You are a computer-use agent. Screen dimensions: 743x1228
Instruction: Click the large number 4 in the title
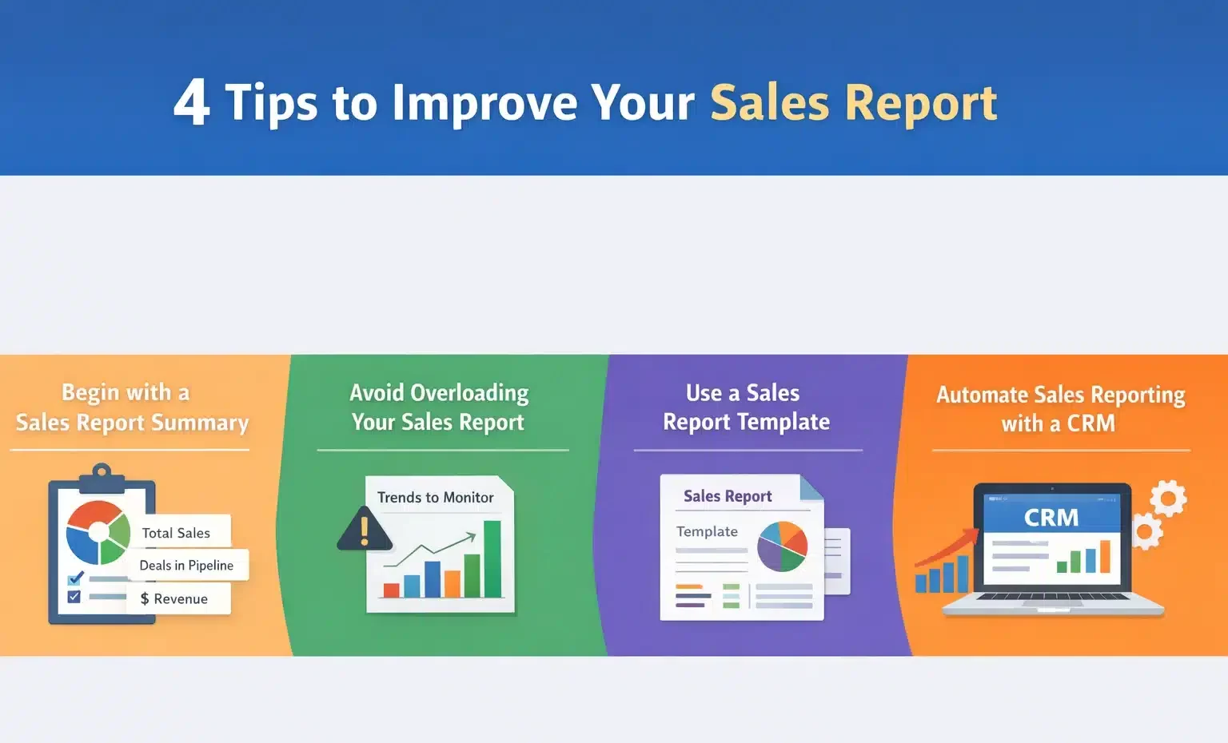pyautogui.click(x=192, y=102)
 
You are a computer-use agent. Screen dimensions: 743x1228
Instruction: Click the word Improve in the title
pyautogui.click(x=484, y=102)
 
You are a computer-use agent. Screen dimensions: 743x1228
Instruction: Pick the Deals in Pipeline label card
pyautogui.click(x=187, y=566)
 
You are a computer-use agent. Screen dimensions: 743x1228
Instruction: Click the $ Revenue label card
pyautogui.click(x=177, y=598)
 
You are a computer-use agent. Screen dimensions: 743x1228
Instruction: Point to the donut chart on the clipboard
pyautogui.click(x=98, y=532)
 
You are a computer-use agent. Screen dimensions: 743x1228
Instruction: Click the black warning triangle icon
pyautogui.click(x=364, y=530)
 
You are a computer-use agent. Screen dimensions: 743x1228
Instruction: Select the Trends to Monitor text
pyautogui.click(x=435, y=497)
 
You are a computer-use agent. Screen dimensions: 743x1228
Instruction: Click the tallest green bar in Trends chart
pyautogui.click(x=492, y=558)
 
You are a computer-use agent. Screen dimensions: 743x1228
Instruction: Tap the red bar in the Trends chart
pyautogui.click(x=391, y=590)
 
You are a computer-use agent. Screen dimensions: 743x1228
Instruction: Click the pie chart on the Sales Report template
pyautogui.click(x=782, y=546)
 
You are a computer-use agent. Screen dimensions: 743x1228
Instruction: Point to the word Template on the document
pyautogui.click(x=707, y=531)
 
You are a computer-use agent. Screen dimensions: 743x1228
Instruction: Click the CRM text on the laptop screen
pyautogui.click(x=1051, y=518)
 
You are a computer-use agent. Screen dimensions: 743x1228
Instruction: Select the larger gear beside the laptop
pyautogui.click(x=1168, y=499)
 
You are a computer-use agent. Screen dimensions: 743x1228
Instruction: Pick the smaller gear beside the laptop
pyautogui.click(x=1147, y=530)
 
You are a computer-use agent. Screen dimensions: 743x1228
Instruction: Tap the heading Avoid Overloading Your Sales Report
pyautogui.click(x=439, y=407)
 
